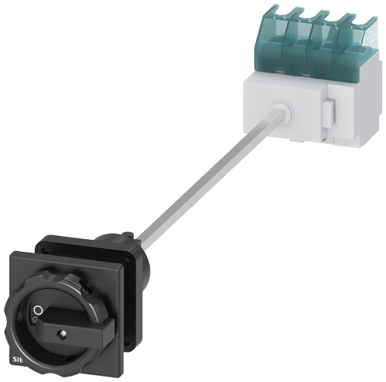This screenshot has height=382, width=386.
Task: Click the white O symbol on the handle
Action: click(38, 310)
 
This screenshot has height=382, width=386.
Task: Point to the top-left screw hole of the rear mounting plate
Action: click(44, 250)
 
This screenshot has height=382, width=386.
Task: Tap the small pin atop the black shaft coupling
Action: click(128, 234)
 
